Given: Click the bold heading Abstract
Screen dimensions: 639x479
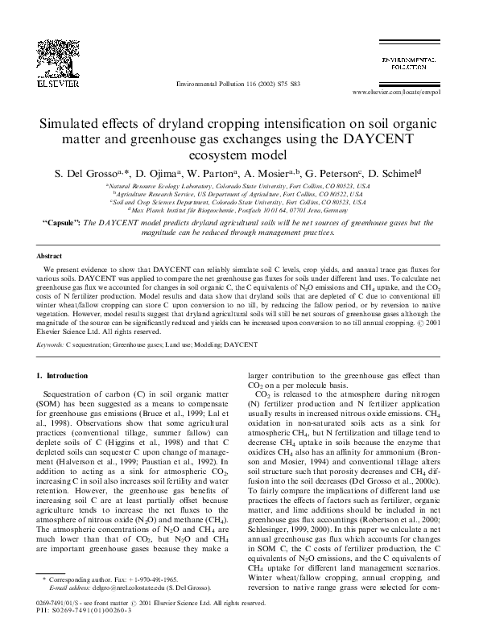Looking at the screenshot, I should pyautogui.click(x=50, y=253).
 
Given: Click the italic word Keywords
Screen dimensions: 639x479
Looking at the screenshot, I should pyautogui.click(x=50, y=344).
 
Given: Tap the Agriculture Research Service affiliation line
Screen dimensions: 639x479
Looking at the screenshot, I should pyautogui.click(x=239, y=193).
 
